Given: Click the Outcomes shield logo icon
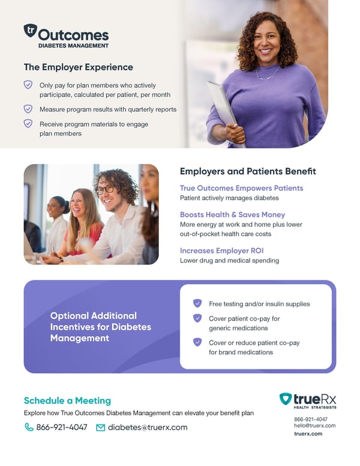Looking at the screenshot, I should pos(30,31).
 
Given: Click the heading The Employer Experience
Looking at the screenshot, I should pos(79,67).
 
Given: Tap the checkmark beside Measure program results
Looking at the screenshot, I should pos(28,109).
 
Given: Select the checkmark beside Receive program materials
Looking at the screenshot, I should pos(28,123).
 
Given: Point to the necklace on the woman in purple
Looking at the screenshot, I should pos(268,75).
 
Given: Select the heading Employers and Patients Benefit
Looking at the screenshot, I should pos(248,172).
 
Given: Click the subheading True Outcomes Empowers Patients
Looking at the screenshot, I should pos(242,188).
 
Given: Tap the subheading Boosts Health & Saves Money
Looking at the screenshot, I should pos(233,214).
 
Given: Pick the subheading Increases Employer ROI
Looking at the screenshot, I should pos(222,250).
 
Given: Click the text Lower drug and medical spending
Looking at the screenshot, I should pos(229,261).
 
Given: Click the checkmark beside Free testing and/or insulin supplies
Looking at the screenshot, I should pos(197,303).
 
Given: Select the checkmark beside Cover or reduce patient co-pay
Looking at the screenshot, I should pos(197,342).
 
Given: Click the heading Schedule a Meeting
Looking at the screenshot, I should pos(67,401).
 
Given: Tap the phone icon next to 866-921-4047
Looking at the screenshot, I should pos(29,428).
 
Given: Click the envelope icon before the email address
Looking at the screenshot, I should pos(101,428).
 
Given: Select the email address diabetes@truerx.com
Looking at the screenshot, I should pos(148,428).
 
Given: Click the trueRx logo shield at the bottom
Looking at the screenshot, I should pos(286,399).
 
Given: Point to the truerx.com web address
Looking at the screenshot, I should pos(308,434).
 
